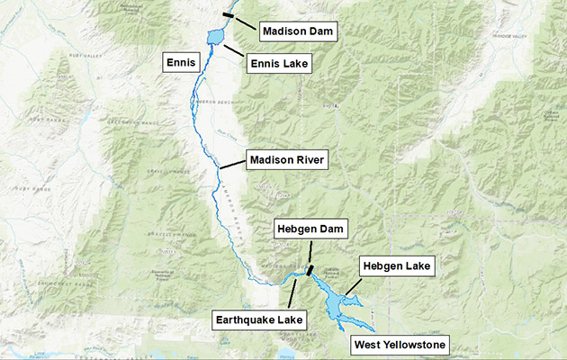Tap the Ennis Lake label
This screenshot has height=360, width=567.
click(279, 63)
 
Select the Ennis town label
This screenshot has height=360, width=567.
click(178, 63)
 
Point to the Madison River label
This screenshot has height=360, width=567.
click(288, 160)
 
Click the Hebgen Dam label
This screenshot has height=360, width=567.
click(306, 229)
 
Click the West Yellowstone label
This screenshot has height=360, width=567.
click(399, 344)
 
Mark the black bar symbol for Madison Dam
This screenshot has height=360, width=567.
click(229, 14)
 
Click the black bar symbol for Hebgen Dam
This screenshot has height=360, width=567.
click(310, 268)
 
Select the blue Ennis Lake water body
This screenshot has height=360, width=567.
click(215, 37)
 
